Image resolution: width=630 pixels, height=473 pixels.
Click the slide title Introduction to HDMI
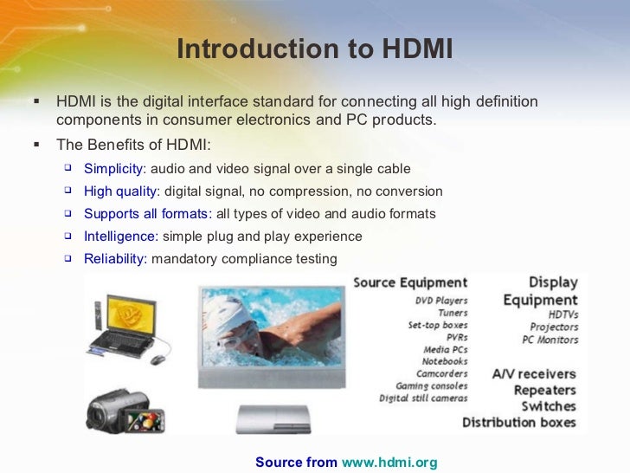tap(314, 50)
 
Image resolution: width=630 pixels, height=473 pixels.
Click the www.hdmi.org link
tap(389, 463)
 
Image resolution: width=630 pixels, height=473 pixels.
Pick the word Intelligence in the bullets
tap(120, 236)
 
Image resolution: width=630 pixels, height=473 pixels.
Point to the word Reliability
tap(115, 258)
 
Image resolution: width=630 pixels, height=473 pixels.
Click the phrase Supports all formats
tap(147, 213)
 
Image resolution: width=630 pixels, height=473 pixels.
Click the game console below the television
tap(270, 419)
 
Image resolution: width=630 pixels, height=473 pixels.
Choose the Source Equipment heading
tap(410, 282)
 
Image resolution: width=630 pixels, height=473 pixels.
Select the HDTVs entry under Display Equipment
tap(562, 314)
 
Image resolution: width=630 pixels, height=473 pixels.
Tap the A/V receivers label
tap(533, 373)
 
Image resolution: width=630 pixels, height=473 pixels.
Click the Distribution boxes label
tap(518, 422)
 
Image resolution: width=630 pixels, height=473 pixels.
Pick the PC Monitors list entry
tap(550, 340)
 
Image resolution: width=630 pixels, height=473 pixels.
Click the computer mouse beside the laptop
tap(159, 358)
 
